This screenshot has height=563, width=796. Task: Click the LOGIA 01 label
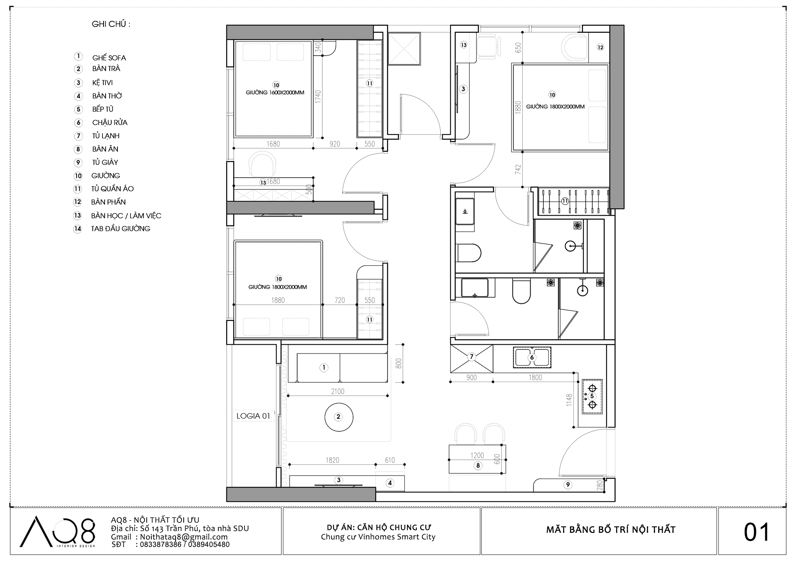[253, 416]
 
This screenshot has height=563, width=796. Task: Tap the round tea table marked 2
[339, 417]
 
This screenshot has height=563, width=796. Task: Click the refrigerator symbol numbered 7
[472, 359]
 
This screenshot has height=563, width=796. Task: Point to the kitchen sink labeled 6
[532, 357]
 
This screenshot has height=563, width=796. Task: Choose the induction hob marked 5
[592, 396]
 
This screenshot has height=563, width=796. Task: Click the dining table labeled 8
[478, 459]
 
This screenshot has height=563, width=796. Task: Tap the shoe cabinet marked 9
[568, 485]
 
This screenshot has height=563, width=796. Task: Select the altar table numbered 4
[390, 483]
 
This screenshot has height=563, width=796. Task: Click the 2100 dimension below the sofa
[338, 391]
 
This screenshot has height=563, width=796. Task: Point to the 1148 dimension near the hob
[570, 400]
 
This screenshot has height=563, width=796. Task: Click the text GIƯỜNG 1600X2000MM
[275, 92]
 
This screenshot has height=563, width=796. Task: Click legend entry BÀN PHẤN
[109, 202]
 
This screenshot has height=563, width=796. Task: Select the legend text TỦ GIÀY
[105, 162]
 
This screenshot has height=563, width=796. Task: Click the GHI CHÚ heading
[111, 24]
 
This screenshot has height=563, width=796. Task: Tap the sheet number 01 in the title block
[757, 532]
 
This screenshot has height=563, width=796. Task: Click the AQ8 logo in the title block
[57, 531]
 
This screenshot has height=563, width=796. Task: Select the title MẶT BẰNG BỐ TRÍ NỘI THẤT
[611, 530]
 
